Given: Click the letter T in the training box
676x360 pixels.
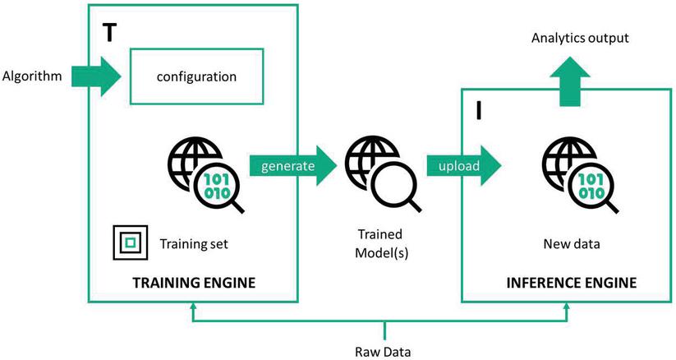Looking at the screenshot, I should tap(108, 32).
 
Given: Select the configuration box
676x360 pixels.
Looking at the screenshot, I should tap(197, 76).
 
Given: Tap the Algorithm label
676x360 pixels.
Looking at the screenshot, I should tap(34, 76).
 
